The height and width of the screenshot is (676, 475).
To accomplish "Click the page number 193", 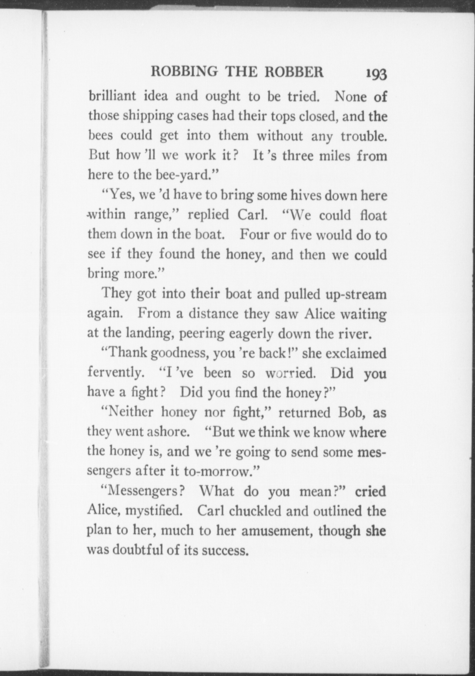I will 376,74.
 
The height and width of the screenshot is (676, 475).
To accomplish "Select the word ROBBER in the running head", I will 294,72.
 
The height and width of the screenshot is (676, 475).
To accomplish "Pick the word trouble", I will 364,136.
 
